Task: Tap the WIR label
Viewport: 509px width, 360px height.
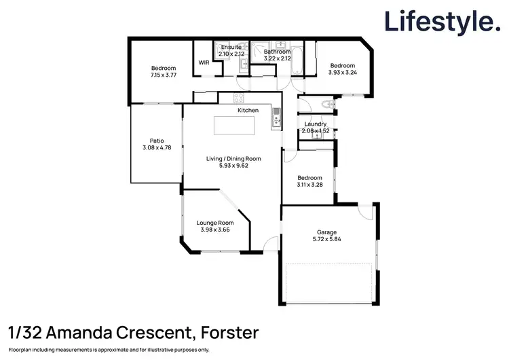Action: [x=204, y=62]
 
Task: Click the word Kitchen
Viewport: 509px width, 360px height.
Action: [x=248, y=110]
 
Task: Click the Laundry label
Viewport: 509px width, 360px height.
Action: [x=316, y=124]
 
